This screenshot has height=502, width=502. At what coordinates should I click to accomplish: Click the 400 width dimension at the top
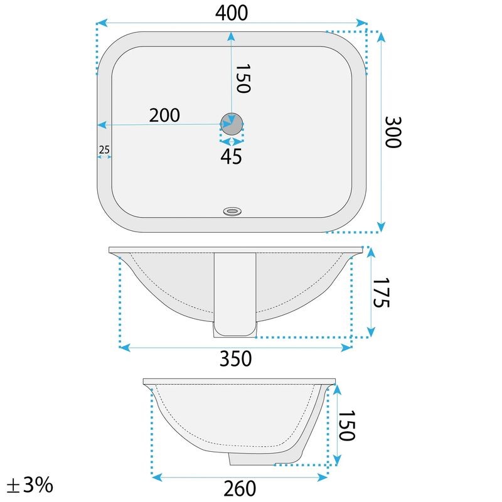[232, 13]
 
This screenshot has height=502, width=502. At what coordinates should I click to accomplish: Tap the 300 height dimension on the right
[393, 132]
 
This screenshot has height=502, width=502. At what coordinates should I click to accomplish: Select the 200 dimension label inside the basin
[164, 115]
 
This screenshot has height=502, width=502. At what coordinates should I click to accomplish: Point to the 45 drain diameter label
[231, 156]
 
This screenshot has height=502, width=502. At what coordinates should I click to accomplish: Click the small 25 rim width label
[104, 149]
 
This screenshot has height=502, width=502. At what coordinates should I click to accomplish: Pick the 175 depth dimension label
[381, 292]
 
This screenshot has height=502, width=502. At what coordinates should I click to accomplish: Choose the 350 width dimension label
[236, 358]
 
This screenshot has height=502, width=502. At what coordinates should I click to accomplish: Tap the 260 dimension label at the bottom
[240, 488]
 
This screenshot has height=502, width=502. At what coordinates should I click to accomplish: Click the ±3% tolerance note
[29, 485]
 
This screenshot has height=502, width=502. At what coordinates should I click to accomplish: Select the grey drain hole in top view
[232, 124]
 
